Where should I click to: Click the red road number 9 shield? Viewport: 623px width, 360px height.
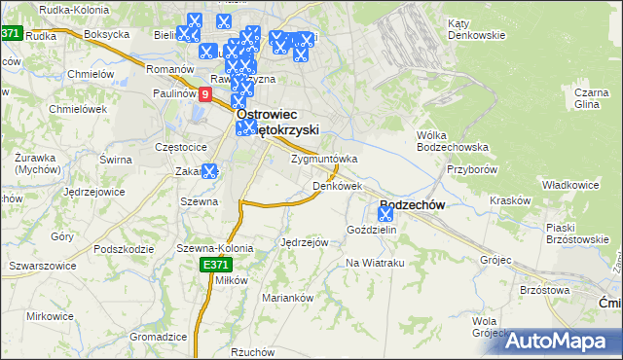click(205, 94)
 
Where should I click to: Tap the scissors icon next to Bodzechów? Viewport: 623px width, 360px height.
click(385, 214)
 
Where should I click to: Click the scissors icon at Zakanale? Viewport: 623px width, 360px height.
click(209, 172)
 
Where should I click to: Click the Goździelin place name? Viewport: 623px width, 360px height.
click(372, 230)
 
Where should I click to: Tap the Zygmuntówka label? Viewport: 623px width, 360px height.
click(325, 159)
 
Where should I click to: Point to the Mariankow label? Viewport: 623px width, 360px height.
click(286, 298)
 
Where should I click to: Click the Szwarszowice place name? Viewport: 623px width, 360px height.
click(41, 265)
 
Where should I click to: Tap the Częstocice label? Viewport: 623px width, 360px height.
click(181, 146)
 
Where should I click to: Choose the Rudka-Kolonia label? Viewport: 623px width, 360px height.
click(73, 12)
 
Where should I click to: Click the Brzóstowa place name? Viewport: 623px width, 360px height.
click(544, 290)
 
